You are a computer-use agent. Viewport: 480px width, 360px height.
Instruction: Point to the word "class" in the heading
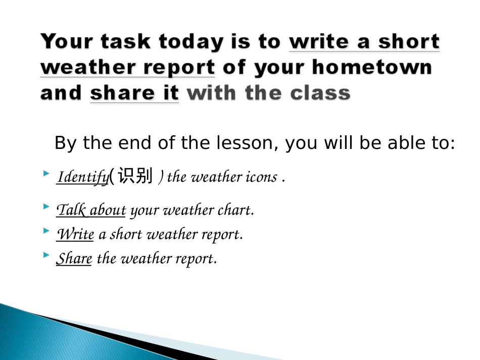point(321,93)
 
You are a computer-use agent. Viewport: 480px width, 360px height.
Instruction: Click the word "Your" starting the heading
point(66,41)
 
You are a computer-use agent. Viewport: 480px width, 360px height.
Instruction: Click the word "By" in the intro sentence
point(64,143)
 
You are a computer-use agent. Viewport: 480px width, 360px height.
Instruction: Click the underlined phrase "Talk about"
point(91,210)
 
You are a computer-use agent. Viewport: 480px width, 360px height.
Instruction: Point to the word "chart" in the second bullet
point(235,210)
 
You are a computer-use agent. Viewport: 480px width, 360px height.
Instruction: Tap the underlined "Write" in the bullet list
point(75,234)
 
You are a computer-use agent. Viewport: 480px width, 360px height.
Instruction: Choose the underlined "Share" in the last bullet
point(74,259)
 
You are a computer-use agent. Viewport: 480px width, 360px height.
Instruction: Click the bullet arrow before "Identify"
point(46,174)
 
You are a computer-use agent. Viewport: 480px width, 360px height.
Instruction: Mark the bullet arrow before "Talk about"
point(46,206)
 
